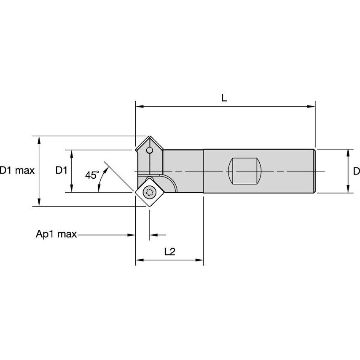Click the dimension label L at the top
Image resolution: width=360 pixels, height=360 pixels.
(x=224, y=98)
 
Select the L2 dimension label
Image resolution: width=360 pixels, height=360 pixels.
(x=169, y=252)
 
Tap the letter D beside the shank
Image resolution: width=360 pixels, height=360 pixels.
(x=356, y=171)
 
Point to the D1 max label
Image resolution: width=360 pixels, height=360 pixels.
(x=17, y=171)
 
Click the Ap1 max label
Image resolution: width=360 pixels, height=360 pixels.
(x=56, y=234)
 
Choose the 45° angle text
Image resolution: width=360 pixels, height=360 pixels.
(x=92, y=175)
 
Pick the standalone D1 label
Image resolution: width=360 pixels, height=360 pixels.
(x=62, y=171)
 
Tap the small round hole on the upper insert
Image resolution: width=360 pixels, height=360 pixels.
(x=149, y=150)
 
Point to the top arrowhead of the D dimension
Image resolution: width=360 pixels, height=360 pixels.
(x=348, y=152)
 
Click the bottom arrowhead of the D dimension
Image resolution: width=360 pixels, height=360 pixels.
(x=348, y=190)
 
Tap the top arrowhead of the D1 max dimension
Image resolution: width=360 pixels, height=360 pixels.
(x=39, y=140)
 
